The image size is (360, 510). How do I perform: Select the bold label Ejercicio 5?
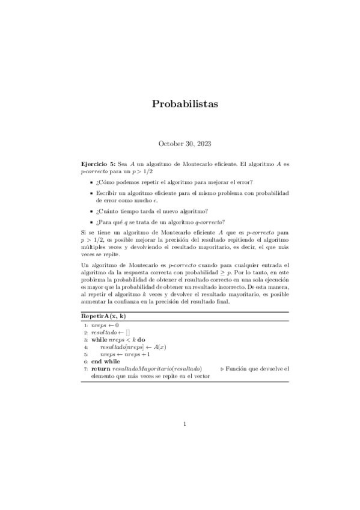coord(98,164)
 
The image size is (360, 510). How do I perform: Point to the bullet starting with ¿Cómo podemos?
coord(171,182)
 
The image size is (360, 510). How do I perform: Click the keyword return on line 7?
coord(100,369)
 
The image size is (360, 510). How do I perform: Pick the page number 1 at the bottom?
coord(186,425)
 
